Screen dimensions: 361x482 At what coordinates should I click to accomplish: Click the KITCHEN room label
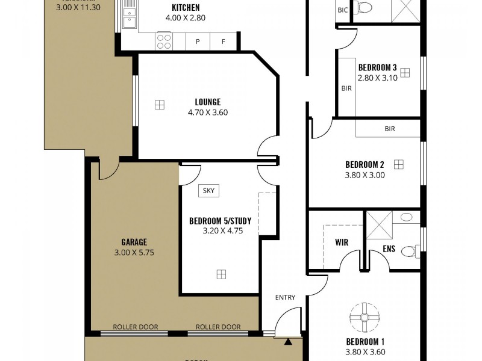(186, 8)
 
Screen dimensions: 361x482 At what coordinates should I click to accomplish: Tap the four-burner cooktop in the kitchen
(164, 41)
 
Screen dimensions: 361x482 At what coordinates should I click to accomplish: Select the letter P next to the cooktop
(198, 42)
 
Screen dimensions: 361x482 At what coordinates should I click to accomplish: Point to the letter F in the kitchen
(224, 42)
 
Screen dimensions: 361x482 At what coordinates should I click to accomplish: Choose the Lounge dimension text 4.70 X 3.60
(207, 112)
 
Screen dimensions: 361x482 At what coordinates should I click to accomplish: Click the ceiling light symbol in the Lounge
(159, 104)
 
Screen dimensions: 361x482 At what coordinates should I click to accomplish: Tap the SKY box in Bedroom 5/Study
(208, 191)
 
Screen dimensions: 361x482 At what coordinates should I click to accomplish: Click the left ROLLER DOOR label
(135, 327)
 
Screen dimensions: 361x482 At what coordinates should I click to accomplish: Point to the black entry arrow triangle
(288, 342)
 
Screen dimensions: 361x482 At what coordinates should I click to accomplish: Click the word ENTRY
(286, 297)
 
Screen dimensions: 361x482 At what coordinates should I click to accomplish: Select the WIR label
(342, 243)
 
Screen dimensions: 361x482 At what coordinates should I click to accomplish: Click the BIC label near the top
(343, 10)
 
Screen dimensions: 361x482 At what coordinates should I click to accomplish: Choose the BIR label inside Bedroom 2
(390, 129)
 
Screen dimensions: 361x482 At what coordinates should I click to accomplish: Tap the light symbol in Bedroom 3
(404, 72)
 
